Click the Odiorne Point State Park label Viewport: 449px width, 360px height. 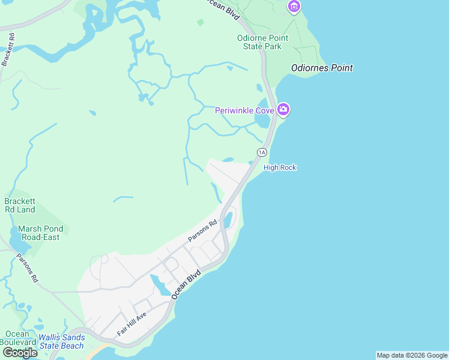262,42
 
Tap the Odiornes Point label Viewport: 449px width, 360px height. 322,68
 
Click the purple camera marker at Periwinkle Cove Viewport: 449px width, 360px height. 283,110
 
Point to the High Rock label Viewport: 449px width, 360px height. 280,167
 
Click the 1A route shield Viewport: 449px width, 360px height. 262,152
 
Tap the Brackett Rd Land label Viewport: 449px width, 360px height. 20,206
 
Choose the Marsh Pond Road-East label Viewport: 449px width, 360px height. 39,233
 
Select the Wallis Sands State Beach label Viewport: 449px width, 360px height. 61,341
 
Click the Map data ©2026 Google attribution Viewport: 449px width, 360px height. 412,355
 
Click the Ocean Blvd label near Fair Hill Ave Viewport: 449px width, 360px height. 185,284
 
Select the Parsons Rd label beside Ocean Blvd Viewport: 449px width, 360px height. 202,231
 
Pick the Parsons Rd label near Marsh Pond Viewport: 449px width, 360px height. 28,269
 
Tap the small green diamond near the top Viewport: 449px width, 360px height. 200,22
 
